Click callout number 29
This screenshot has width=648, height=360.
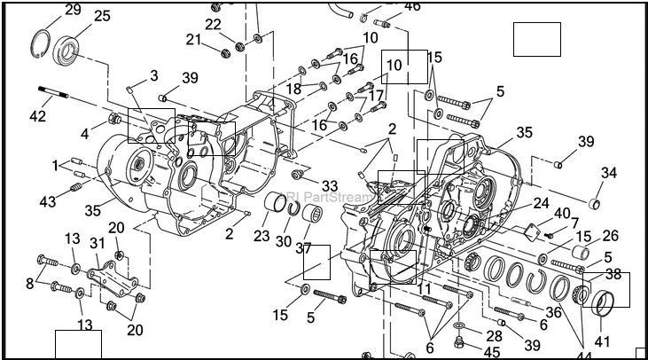[72, 10]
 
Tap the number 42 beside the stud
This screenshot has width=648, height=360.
[36, 115]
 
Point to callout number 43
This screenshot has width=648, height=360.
[48, 201]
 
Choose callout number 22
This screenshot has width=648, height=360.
[213, 24]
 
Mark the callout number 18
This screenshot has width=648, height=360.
[293, 89]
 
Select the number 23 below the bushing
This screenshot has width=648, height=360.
[261, 236]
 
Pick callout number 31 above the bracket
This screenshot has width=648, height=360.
[97, 244]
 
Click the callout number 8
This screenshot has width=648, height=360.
[31, 283]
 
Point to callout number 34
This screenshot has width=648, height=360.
[608, 172]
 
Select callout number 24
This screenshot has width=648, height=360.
[541, 203]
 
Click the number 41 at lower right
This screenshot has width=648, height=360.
[603, 340]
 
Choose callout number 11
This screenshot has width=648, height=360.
[425, 289]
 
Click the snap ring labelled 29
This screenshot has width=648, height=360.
[39, 42]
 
